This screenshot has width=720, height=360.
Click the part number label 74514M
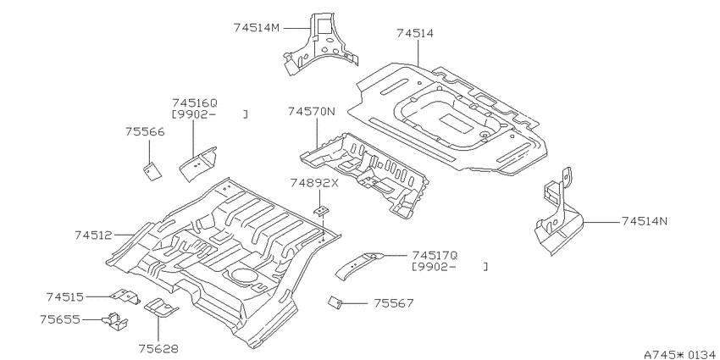click(x=256, y=28)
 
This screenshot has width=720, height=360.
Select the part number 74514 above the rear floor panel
click(x=415, y=33)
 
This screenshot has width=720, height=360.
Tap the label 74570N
click(x=312, y=112)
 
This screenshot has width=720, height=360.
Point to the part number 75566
click(x=145, y=132)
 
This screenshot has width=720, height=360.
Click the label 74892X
click(x=314, y=183)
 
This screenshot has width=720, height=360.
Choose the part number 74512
click(x=94, y=235)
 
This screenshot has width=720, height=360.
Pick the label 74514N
click(x=645, y=221)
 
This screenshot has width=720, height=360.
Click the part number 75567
click(x=394, y=303)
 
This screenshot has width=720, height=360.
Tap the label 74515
click(x=65, y=297)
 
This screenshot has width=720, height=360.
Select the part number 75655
click(x=59, y=319)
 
